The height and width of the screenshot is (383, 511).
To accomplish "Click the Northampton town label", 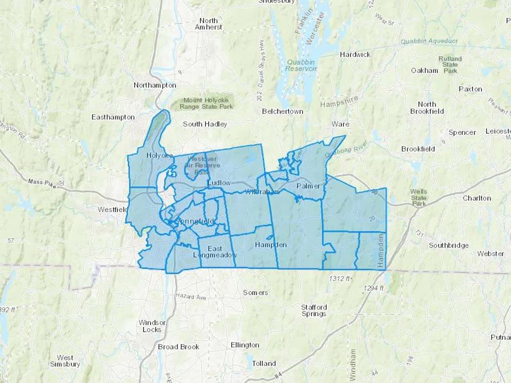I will pos(155,85).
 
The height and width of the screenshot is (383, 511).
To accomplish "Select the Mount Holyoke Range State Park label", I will pos(206,104).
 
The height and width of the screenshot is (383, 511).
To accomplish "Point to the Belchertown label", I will pos(282,111).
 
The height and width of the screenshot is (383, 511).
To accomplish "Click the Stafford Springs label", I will pos(314,310).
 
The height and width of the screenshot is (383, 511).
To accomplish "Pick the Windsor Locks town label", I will pos(152,326).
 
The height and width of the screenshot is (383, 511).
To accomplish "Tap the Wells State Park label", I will pos(419,197).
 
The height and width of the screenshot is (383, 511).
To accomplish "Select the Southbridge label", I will pos(449,245).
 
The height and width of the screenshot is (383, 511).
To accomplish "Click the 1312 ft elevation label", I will pos(340,279).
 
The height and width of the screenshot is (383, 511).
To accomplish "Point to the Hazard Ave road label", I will pos(190,296).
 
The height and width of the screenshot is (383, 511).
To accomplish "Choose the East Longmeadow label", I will pos(215,252).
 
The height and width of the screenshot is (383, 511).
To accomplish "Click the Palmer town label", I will pos(308,186).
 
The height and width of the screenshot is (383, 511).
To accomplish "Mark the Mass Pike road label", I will pos(42,184).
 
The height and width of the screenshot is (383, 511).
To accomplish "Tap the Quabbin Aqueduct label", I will pos(429,41).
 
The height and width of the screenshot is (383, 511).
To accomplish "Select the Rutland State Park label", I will pos(450,65).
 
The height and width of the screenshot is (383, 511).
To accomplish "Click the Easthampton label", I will pos(113,117).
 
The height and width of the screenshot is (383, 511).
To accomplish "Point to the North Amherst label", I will pos(208,24).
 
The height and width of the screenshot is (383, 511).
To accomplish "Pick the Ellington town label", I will pos(245,345).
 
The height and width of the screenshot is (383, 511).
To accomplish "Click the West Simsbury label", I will pos(65,361).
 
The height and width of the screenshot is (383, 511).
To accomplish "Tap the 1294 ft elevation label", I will pos(373,288).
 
